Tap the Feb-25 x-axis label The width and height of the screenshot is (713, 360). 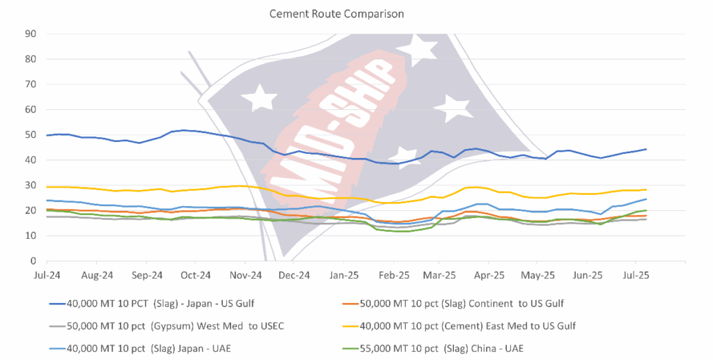click(394, 275)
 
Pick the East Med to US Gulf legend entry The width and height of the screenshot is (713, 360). click(468, 326)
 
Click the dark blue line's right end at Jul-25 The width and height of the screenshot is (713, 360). click(646, 149)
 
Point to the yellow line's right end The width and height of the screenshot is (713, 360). click(646, 189)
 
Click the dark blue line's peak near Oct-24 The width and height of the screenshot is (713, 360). click(183, 130)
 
